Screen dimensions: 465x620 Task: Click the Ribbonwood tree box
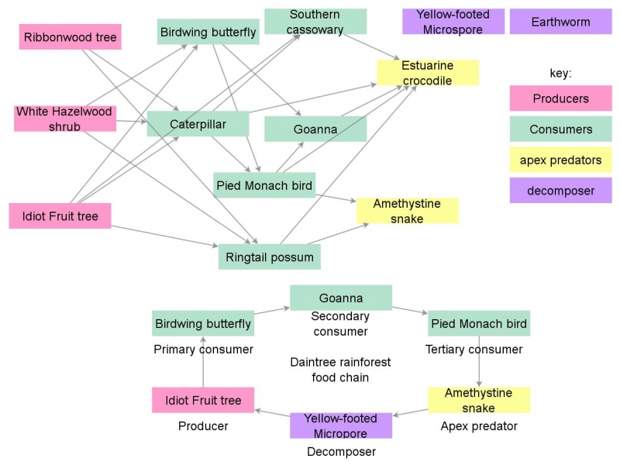tap(70, 37)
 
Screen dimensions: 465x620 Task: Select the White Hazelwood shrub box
tap(64, 119)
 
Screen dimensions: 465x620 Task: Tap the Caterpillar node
tap(198, 124)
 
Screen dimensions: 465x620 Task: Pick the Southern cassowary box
tap(315, 22)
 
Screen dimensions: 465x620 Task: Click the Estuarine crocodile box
tap(427, 73)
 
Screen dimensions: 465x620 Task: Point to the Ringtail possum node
tap(270, 257)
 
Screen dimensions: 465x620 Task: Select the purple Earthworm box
tap(560, 22)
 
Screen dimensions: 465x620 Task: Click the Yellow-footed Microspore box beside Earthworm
tap(453, 22)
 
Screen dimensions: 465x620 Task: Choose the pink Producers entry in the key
tap(560, 98)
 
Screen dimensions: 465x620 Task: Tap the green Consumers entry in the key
tap(560, 129)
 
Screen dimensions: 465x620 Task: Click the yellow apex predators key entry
tap(560, 160)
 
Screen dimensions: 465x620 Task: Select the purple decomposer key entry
tap(560, 191)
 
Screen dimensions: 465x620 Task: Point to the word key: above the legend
tap(560, 73)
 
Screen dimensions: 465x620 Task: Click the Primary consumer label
tap(203, 350)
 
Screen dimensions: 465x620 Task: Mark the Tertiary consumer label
tap(474, 350)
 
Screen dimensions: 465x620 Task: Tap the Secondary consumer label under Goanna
tap(340, 324)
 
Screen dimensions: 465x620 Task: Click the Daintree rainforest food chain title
tap(340, 370)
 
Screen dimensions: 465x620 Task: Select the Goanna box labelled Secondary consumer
tap(341, 298)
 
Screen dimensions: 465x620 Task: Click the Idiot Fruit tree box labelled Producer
tap(203, 401)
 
